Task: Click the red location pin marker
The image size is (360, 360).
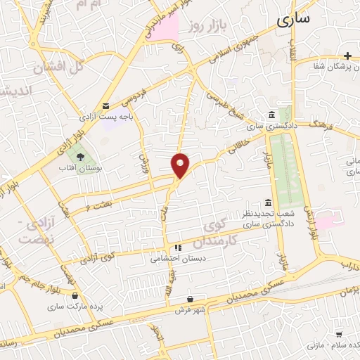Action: [x=181, y=165]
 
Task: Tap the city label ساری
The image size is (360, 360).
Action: [x=292, y=20]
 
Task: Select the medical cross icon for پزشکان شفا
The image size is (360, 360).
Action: [x=347, y=56]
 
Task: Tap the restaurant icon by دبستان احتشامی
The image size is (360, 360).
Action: [x=178, y=247]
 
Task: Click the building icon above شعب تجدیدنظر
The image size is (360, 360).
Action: [x=269, y=202]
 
